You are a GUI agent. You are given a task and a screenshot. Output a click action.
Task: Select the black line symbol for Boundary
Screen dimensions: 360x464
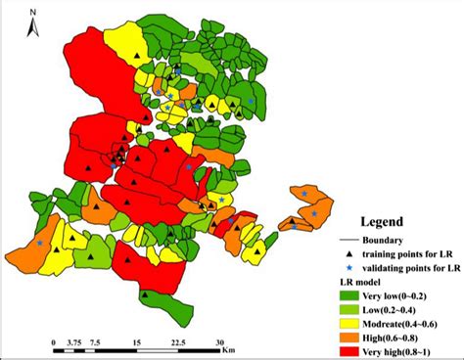tap(348, 240)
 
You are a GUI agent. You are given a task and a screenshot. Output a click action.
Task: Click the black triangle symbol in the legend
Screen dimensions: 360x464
tap(348, 252)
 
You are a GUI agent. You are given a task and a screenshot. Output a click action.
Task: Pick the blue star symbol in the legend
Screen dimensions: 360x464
tap(348, 266)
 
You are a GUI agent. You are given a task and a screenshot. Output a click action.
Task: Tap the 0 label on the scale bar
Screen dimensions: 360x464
tap(52, 342)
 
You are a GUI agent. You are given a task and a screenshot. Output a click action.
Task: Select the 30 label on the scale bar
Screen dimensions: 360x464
tap(219, 342)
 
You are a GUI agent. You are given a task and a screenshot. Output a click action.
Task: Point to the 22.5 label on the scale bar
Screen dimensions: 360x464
tap(177, 342)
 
